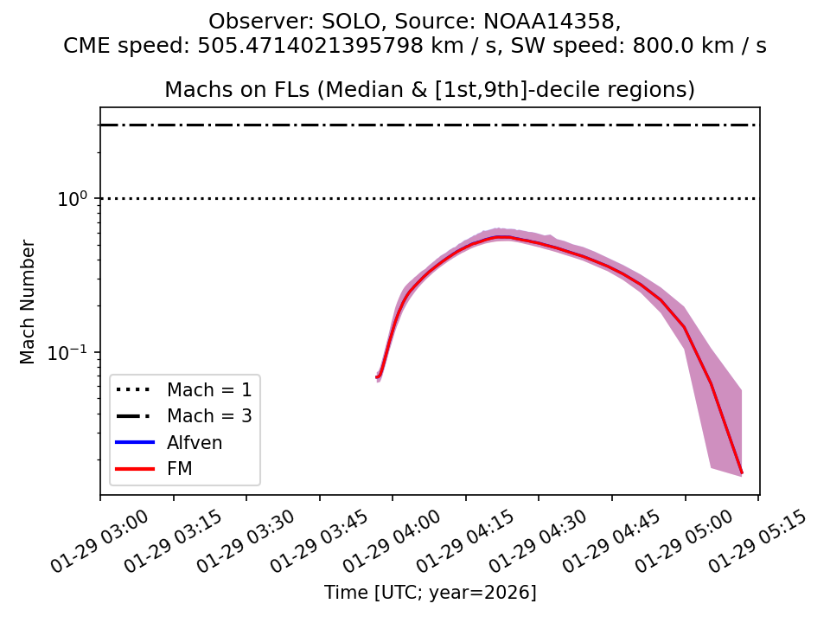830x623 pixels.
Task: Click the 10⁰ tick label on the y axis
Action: pos(73,199)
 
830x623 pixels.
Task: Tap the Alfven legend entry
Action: pos(195,443)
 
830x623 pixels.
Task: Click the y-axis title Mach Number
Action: pos(29,302)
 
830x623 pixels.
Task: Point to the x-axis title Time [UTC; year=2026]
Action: pos(430,593)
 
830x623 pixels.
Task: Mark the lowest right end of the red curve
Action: pos(741,472)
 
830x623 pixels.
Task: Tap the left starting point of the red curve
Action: pos(377,376)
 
